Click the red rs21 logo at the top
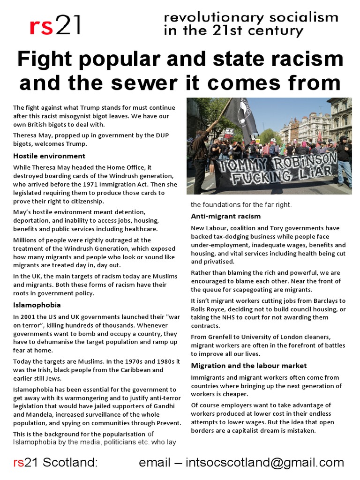pos(55,26)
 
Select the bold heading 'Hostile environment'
pos(49,156)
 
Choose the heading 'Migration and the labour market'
pos(249,365)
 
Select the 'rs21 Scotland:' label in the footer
pos(55,463)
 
